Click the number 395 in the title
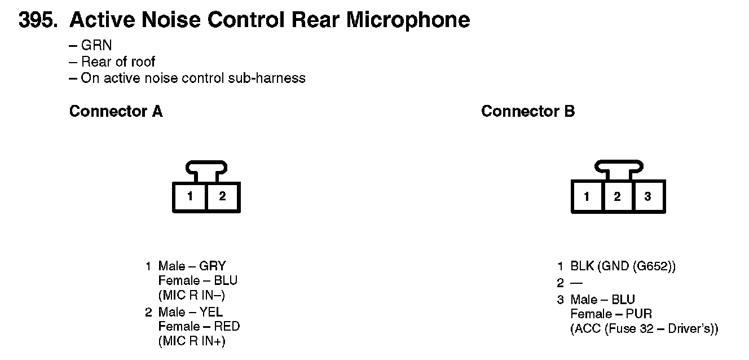pyautogui.click(x=37, y=20)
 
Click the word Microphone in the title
pyautogui.click(x=408, y=20)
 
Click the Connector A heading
pyautogui.click(x=116, y=112)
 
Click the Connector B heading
pyautogui.click(x=528, y=112)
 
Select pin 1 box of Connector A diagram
pyautogui.click(x=191, y=197)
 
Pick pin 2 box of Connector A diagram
pyautogui.click(x=223, y=197)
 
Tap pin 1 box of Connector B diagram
pyautogui.click(x=587, y=197)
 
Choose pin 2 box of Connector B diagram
pyautogui.click(x=618, y=197)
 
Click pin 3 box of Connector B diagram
pyautogui.click(x=648, y=197)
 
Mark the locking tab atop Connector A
pyautogui.click(x=206, y=168)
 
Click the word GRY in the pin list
pyautogui.click(x=213, y=266)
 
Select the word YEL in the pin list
pyautogui.click(x=212, y=312)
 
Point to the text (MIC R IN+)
pyautogui.click(x=192, y=341)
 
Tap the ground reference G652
pyautogui.click(x=657, y=266)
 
